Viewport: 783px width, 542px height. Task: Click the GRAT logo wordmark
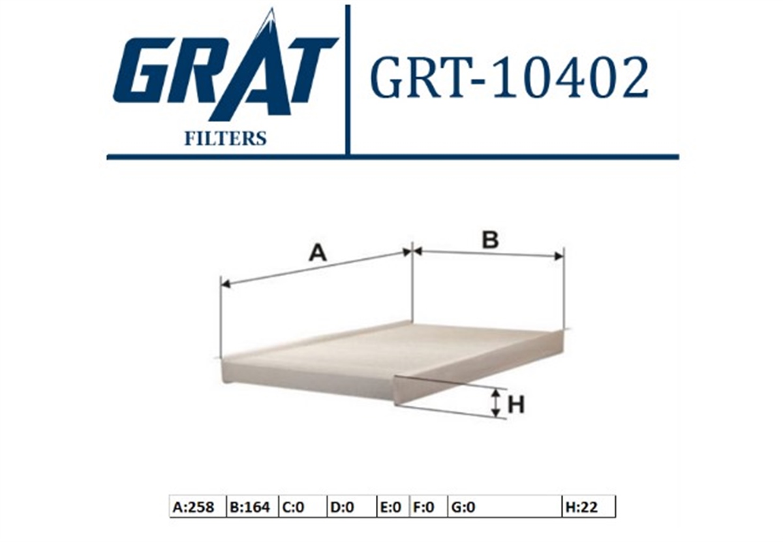[x=226, y=67]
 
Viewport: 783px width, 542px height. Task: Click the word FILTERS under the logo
[x=226, y=138]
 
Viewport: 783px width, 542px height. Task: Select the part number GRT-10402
[x=509, y=78]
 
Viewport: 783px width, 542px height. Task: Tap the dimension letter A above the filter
[x=317, y=253]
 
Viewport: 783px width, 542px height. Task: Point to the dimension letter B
[x=490, y=240]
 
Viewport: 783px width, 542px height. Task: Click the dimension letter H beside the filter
[x=516, y=405]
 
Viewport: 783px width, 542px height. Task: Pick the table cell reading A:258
[x=198, y=507]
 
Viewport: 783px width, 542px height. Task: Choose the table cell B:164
[x=253, y=507]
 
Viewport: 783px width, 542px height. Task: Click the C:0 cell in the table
[x=303, y=507]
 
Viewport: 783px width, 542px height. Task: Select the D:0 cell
[x=352, y=507]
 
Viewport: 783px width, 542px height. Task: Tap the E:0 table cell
[x=393, y=507]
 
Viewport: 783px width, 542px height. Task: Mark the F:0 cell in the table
[x=428, y=507]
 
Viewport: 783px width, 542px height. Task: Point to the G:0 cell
[x=505, y=507]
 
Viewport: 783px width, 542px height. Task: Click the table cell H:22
[x=589, y=507]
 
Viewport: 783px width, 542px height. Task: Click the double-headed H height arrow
[x=495, y=404]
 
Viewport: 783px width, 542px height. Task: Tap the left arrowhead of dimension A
[x=226, y=284]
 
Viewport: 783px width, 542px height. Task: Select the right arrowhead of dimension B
[x=559, y=257]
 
